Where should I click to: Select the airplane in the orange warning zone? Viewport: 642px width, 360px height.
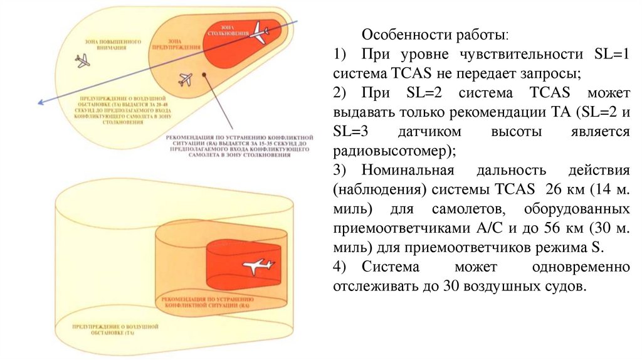tap(184, 79)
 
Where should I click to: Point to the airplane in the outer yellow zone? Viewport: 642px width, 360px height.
tap(82, 61)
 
